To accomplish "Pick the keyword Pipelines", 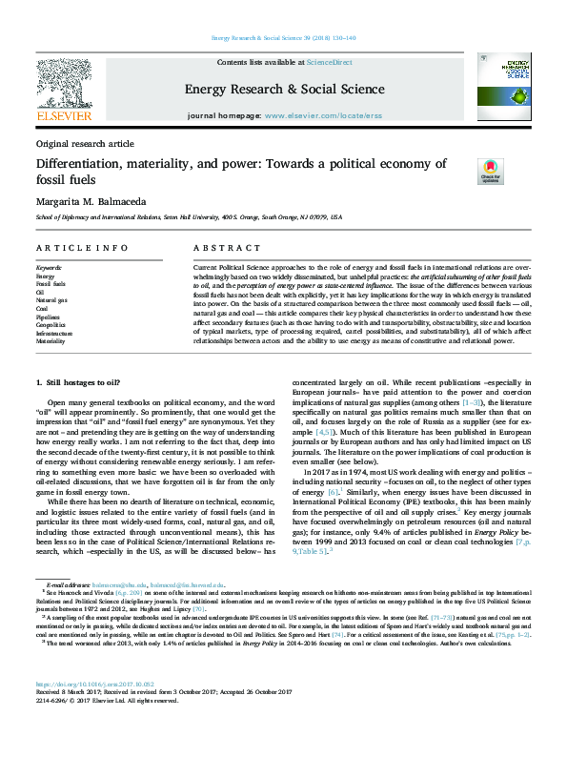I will point(49,317).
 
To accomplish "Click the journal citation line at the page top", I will point(282,38).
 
